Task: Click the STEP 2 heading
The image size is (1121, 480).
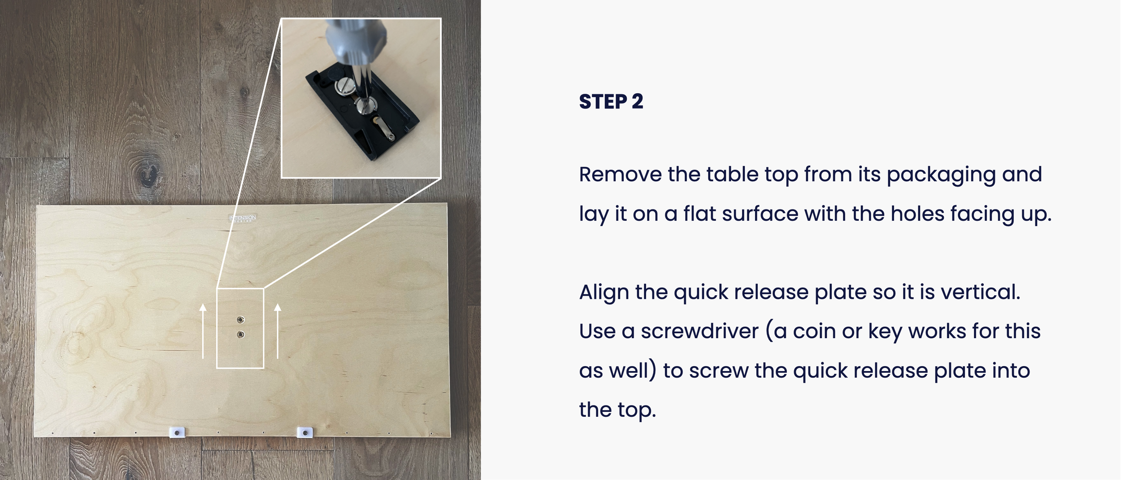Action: (x=611, y=102)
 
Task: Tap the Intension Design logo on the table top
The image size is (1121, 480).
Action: (x=243, y=218)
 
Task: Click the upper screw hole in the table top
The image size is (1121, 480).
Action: (x=241, y=320)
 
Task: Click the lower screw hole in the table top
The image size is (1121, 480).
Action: (x=241, y=334)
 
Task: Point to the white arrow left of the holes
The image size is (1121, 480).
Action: (x=203, y=331)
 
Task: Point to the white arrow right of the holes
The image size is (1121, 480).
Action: (x=278, y=331)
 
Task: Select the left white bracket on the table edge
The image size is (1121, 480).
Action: (x=177, y=432)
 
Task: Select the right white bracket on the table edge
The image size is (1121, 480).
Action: (x=305, y=432)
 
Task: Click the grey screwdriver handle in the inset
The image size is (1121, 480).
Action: (x=356, y=45)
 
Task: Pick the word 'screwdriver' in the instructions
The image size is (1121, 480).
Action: (x=700, y=332)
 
